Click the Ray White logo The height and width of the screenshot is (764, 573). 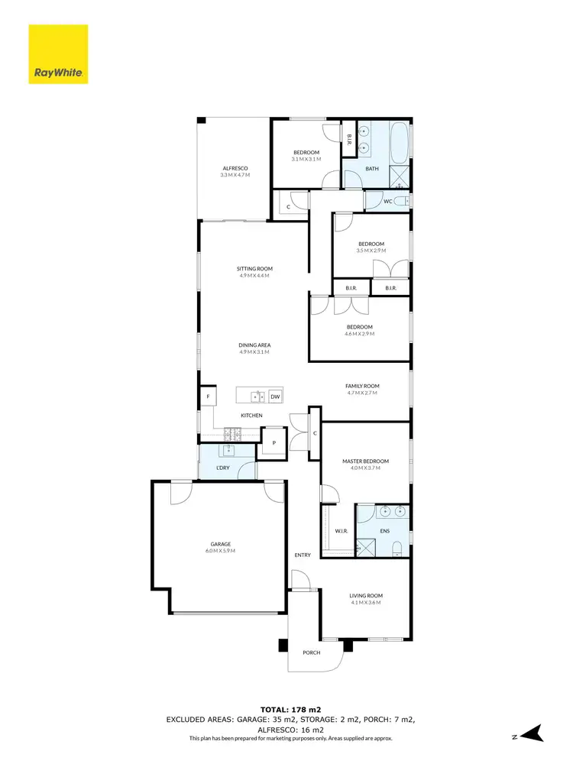point(58,54)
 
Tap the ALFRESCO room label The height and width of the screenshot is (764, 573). point(235,168)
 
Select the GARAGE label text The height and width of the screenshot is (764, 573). point(219,545)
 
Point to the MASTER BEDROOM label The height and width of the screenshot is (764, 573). point(365,461)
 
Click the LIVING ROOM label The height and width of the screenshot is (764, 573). point(366,596)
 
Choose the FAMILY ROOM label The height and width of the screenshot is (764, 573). point(362,387)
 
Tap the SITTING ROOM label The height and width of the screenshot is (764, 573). point(254,269)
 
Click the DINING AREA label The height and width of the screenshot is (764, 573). point(254,345)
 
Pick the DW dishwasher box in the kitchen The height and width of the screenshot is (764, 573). point(275,397)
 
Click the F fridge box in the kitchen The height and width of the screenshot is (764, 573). point(206,397)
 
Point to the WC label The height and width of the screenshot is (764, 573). point(387,202)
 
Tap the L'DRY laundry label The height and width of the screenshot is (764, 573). point(223,468)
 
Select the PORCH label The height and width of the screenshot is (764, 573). point(311,652)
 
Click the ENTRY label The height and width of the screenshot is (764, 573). point(303,555)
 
